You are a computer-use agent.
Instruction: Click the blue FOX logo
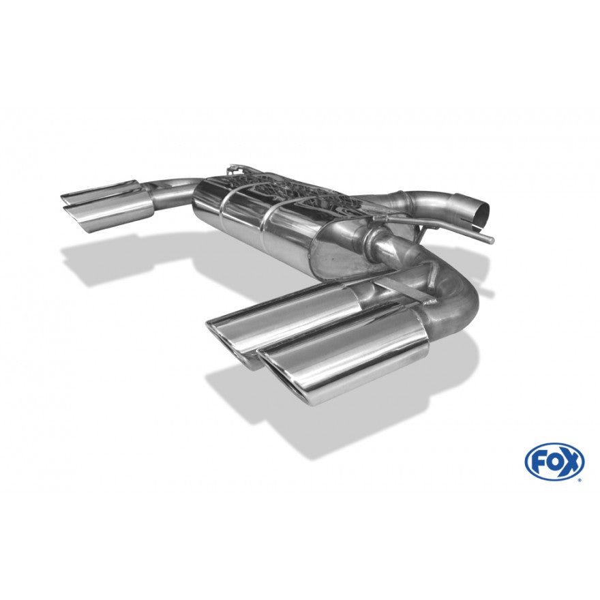(554, 461)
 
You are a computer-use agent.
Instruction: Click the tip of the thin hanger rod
(492, 241)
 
